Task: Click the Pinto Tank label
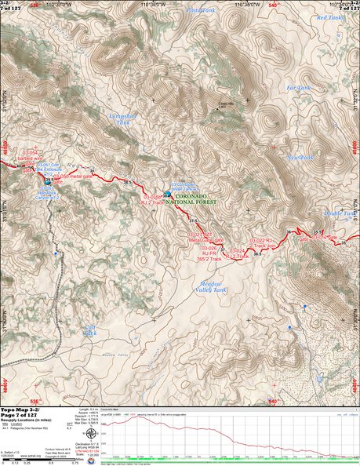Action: pyautogui.click(x=201, y=10)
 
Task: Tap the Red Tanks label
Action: pyautogui.click(x=329, y=17)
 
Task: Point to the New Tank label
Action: pyautogui.click(x=300, y=157)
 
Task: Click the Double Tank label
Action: pyautogui.click(x=340, y=213)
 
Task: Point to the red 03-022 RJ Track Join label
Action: pyautogui.click(x=267, y=242)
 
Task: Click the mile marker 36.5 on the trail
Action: pyautogui.click(x=257, y=255)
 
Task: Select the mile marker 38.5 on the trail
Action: pyautogui.click(x=127, y=182)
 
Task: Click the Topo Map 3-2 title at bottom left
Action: pyautogui.click(x=27, y=410)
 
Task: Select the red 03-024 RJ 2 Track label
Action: pyautogui.click(x=236, y=253)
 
